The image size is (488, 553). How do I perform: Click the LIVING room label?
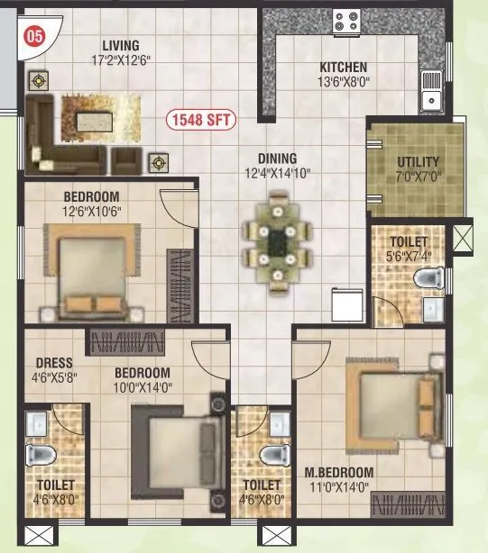coord(121,45)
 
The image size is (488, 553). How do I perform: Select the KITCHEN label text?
coord(344,67)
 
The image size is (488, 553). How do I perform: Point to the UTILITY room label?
coord(418,162)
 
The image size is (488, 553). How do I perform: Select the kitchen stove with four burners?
coord(345,21)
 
